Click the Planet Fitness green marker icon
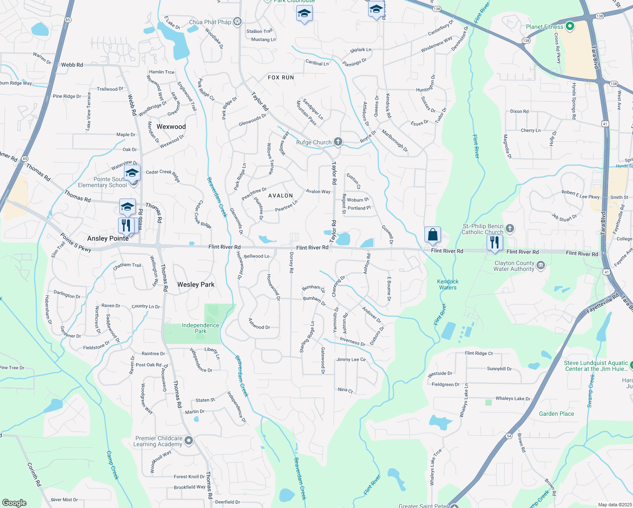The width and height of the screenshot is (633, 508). point(570,27)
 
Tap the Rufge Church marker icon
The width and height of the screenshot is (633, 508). point(338,142)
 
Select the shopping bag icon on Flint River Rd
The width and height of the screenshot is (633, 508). point(432,235)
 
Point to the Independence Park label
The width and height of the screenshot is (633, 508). point(201,328)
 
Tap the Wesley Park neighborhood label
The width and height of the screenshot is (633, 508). point(196,284)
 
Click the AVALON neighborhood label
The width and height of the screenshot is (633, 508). point(281,196)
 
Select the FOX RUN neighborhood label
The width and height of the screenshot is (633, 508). point(281,77)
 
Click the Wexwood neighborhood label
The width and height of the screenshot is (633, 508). point(171,127)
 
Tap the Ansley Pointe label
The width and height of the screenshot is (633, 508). point(108,238)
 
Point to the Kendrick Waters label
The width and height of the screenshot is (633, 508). point(448,284)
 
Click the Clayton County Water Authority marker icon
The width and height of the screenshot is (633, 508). point(540,265)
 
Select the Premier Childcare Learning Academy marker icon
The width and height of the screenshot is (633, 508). point(189,441)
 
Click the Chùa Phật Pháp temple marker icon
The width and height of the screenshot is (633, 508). point(237,22)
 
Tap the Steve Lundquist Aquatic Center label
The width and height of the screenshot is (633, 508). point(596,366)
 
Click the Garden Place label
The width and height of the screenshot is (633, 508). point(556,414)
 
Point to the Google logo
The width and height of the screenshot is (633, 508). point(14,502)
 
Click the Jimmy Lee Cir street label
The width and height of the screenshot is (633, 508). point(351,359)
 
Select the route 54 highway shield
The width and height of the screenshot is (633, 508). point(509,436)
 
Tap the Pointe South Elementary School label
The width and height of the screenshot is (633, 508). point(102,182)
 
